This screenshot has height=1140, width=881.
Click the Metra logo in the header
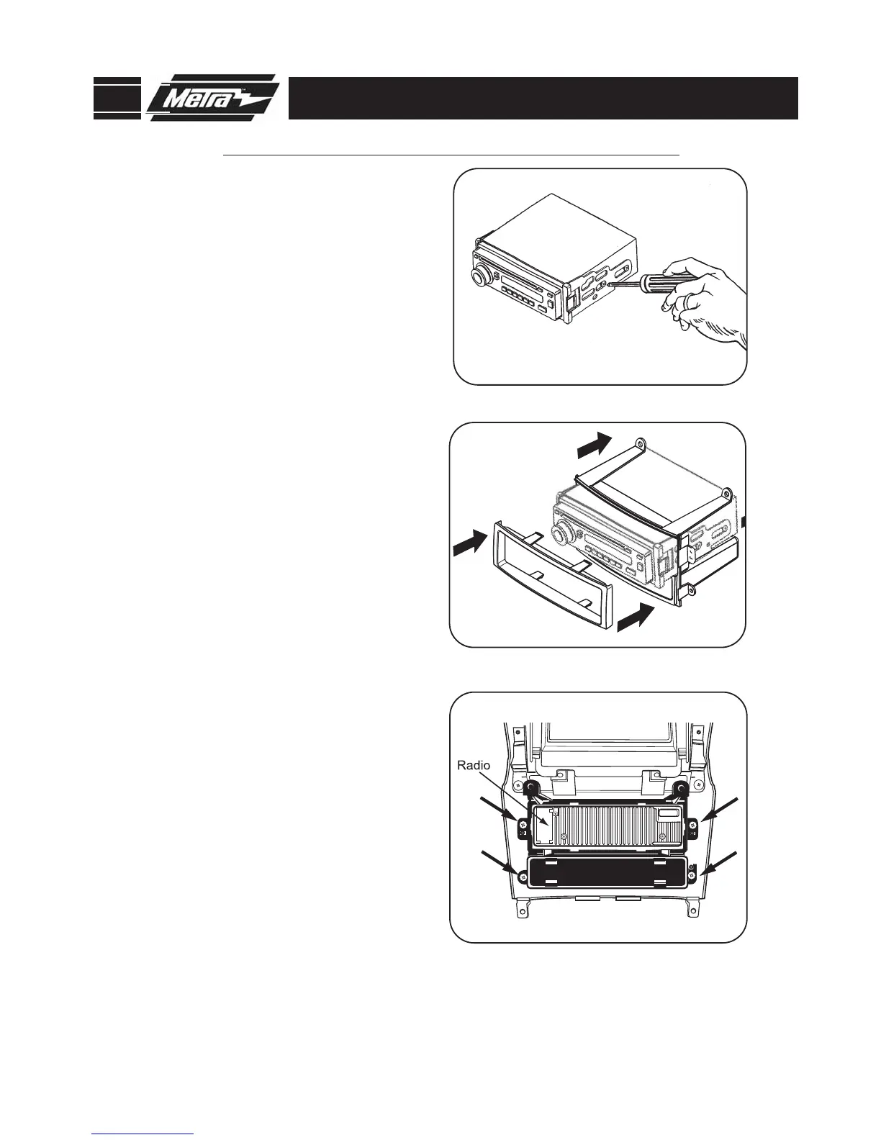tap(212, 98)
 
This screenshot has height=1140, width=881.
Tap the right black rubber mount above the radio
tap(679, 789)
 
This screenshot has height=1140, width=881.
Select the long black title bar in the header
tap(543, 98)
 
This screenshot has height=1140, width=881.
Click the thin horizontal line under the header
tap(451, 154)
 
